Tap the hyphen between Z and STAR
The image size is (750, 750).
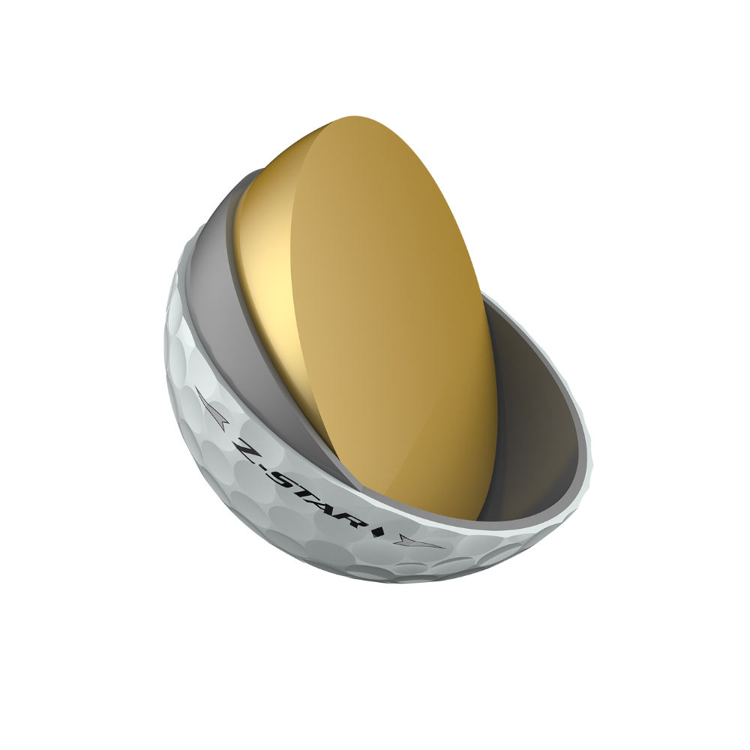[x=268, y=469]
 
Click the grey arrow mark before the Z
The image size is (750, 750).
[x=211, y=407]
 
